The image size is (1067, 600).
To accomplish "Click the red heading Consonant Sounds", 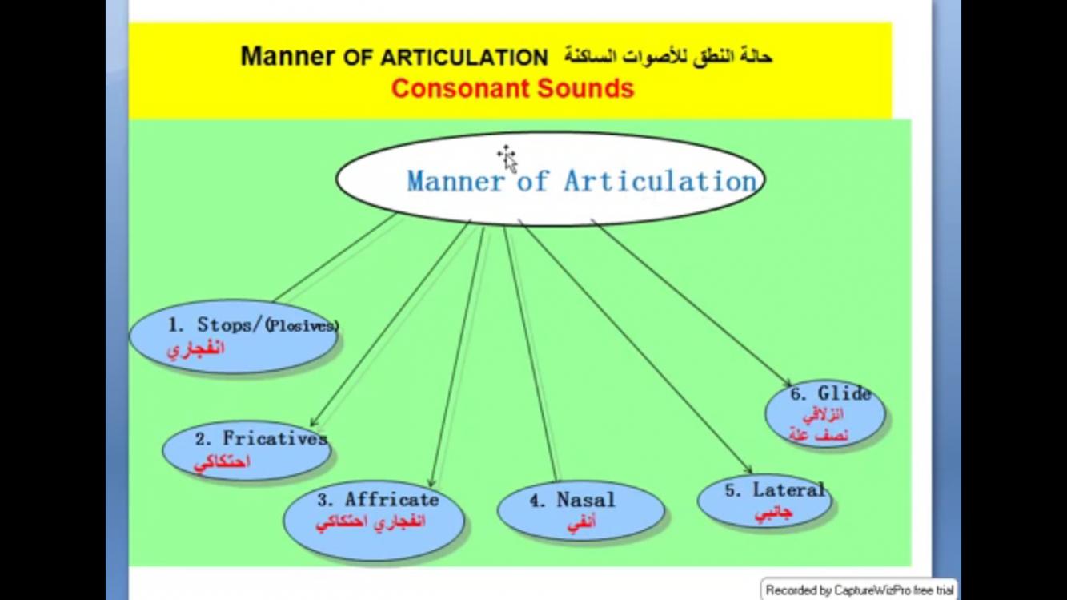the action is (x=512, y=88).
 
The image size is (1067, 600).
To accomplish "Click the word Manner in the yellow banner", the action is (x=287, y=56).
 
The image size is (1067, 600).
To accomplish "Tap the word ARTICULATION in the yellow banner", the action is (x=464, y=58).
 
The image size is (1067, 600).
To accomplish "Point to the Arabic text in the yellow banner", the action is (x=668, y=57).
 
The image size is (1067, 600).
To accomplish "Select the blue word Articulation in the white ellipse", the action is (x=660, y=181).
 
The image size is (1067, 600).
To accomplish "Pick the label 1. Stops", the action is (x=212, y=324).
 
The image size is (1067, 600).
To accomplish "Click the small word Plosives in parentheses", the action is (x=302, y=326).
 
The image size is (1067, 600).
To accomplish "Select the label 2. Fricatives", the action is (x=261, y=438).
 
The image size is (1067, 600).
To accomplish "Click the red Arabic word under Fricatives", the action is (x=222, y=463).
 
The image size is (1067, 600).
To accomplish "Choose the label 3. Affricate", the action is (x=379, y=499).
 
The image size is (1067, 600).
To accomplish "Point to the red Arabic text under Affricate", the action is (x=371, y=523).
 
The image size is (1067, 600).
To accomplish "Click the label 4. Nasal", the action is (x=572, y=500).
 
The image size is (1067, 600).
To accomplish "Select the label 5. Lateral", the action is (x=775, y=490).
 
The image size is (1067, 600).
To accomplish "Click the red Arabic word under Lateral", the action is (x=773, y=513).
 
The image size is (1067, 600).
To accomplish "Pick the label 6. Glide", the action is (x=831, y=393).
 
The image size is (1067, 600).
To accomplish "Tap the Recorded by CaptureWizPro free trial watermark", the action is (x=860, y=590).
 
